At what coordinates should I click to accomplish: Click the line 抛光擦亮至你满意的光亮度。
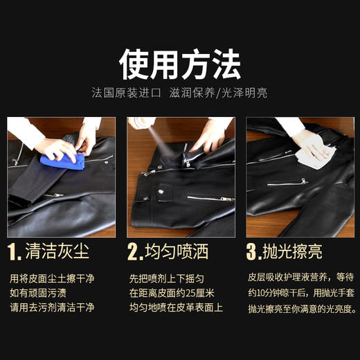pos(302,307)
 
